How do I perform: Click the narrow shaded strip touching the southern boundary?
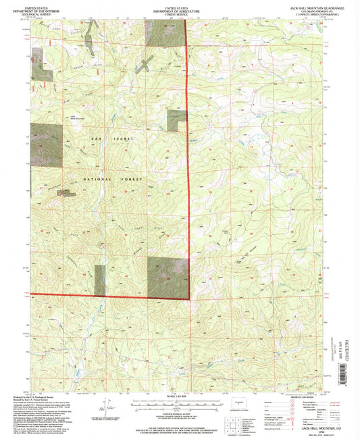coord(101,280)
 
